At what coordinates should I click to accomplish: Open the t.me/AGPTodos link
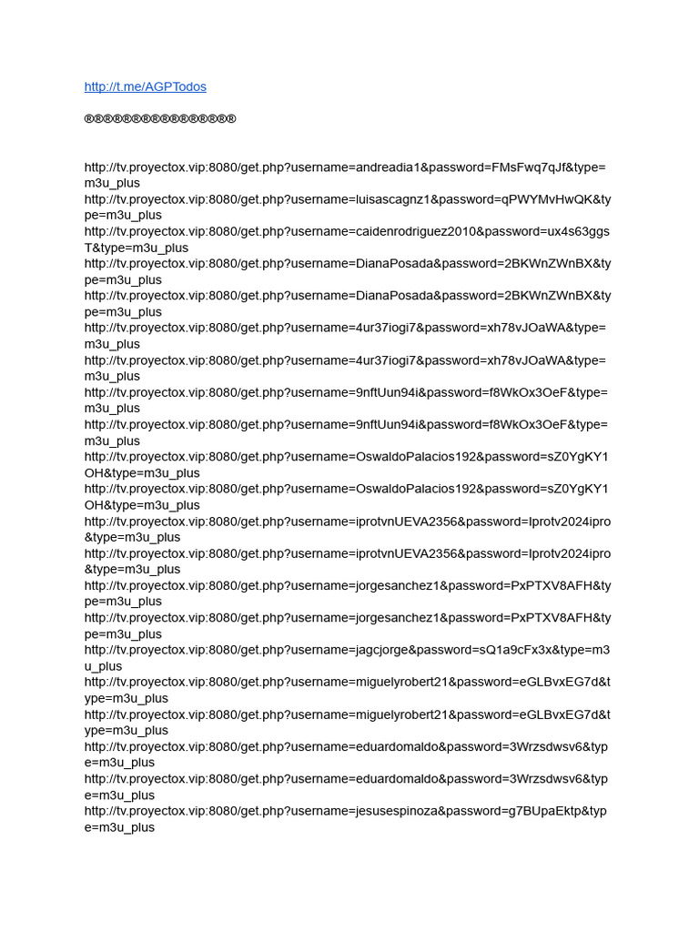pyautogui.click(x=145, y=86)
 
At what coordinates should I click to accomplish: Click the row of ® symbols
pyautogui.click(x=160, y=119)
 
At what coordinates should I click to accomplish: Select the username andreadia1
pyautogui.click(x=389, y=167)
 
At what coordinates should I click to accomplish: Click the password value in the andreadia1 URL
pyautogui.click(x=529, y=167)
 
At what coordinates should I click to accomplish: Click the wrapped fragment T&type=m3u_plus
pyautogui.click(x=137, y=248)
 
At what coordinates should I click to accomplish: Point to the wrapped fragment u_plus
pyautogui.click(x=103, y=666)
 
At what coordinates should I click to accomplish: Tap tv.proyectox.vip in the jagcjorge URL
pyautogui.click(x=158, y=650)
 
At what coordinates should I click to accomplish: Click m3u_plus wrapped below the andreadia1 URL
pyautogui.click(x=112, y=183)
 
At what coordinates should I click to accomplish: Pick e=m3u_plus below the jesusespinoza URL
pyautogui.click(x=119, y=827)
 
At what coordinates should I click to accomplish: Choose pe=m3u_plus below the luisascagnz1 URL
pyautogui.click(x=123, y=216)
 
